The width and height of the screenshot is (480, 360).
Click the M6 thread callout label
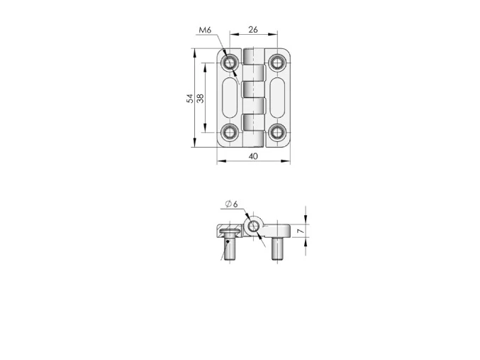(x=205, y=30)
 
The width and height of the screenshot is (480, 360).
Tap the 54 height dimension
(x=189, y=99)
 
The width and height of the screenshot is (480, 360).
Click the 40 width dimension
(x=253, y=156)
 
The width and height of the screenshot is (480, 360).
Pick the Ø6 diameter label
(x=230, y=204)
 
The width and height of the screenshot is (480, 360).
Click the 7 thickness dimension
(x=301, y=231)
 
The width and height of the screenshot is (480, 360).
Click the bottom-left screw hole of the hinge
(x=230, y=131)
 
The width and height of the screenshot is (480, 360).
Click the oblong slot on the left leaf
(x=230, y=98)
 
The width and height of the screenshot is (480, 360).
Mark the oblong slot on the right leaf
(x=277, y=98)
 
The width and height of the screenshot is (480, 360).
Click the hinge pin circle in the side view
(x=253, y=227)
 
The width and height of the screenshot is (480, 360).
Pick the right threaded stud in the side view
(x=277, y=249)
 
